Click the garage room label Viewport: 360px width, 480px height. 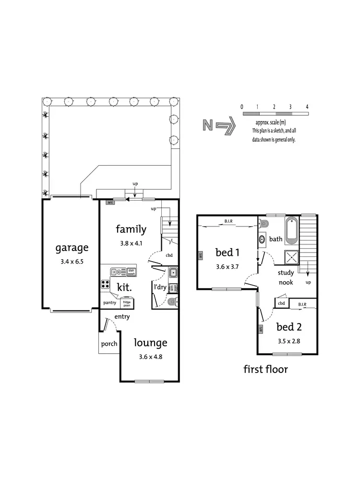tap(72, 248)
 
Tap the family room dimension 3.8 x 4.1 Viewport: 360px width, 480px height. tap(131, 243)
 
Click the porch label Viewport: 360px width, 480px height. tap(109, 344)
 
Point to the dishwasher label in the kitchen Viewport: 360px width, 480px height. tap(131, 272)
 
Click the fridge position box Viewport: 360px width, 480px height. tap(126, 303)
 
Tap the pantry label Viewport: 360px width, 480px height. tap(110, 303)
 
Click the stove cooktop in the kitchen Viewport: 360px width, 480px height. tap(106, 284)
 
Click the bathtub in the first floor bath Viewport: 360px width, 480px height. tap(292, 231)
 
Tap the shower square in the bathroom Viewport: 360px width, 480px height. tap(292, 258)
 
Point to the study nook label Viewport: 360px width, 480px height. tap(286, 277)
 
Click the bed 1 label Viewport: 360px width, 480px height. tap(227, 252)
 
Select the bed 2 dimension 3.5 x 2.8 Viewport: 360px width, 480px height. tap(288, 342)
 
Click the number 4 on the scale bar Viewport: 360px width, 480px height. tap(307, 106)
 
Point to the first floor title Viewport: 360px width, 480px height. tap(265, 369)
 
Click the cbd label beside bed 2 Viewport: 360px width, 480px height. tap(281, 303)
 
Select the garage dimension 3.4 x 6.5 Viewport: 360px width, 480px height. tap(72, 262)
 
